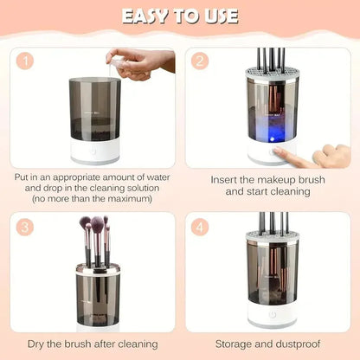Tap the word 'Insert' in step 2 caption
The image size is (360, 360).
click(227, 180)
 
